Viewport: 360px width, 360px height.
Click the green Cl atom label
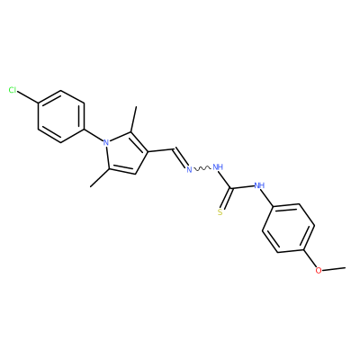pyautogui.click(x=13, y=90)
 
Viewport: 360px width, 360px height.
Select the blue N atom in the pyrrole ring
pyautogui.click(x=105, y=142)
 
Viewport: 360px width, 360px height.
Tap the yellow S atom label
pyautogui.click(x=220, y=212)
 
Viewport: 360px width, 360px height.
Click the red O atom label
pyautogui.click(x=319, y=270)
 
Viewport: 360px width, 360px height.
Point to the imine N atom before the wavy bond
pyautogui.click(x=189, y=170)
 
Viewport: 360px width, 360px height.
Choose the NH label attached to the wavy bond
pyautogui.click(x=218, y=166)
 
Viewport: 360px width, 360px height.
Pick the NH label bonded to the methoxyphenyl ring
pyautogui.click(x=259, y=185)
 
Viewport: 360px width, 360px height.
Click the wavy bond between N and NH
pyautogui.click(x=202, y=169)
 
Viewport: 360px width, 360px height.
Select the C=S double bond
pyautogui.click(x=226, y=198)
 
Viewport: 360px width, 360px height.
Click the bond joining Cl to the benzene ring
pyautogui.click(x=28, y=97)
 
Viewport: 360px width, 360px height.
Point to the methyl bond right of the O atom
pyautogui.click(x=334, y=268)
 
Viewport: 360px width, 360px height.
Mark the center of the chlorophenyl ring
pyautogui.click(x=61, y=117)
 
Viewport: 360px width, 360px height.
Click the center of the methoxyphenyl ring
pyautogui.click(x=288, y=228)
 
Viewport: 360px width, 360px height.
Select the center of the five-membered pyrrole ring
pyautogui.click(x=126, y=154)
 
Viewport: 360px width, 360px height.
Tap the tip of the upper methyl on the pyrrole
pyautogui.click(x=136, y=106)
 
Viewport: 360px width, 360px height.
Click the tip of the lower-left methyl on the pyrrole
pyautogui.click(x=90, y=186)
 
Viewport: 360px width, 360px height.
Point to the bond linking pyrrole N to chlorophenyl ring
pyautogui.click(x=94, y=135)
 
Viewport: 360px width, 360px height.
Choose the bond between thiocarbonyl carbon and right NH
pyautogui.click(x=242, y=187)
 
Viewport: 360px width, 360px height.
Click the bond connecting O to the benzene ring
pyautogui.click(x=310, y=258)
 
